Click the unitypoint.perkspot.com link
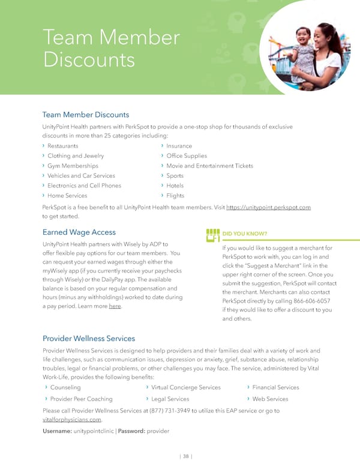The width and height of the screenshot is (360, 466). click(x=268, y=207)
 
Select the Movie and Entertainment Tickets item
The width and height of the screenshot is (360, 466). click(x=209, y=166)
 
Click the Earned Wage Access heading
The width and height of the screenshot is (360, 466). click(x=79, y=232)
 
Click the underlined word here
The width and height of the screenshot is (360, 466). click(x=115, y=307)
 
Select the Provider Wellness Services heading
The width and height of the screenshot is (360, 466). click(x=88, y=339)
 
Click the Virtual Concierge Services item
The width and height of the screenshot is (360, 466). click(x=186, y=387)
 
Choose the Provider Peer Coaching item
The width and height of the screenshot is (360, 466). click(x=81, y=399)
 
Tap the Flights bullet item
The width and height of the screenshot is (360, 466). click(x=175, y=196)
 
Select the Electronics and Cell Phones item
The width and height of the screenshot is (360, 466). click(x=84, y=186)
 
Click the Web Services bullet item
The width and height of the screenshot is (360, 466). click(x=270, y=399)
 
